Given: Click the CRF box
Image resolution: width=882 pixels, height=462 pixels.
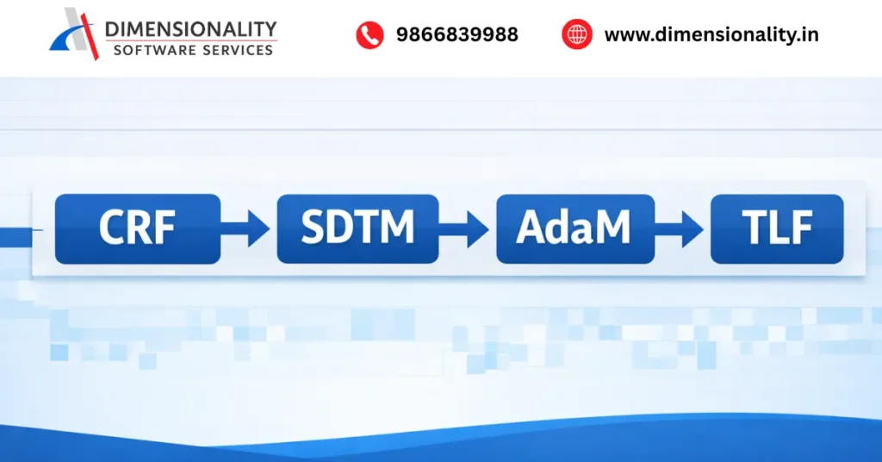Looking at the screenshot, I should pyautogui.click(x=138, y=228).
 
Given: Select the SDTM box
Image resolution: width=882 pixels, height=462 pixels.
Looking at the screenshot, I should pyautogui.click(x=357, y=228).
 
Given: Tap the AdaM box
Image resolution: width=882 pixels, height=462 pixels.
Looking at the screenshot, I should pyautogui.click(x=575, y=228).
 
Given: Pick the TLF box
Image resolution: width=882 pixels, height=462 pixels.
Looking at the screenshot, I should pyautogui.click(x=776, y=228).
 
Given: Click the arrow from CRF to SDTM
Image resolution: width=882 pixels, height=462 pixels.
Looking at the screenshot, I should pyautogui.click(x=248, y=228).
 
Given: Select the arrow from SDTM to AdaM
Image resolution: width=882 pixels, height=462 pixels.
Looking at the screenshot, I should pyautogui.click(x=467, y=228).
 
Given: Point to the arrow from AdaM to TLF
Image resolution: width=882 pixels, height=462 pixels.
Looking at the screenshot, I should pyautogui.click(x=682, y=228).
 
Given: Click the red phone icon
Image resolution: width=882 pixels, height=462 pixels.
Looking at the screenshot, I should pyautogui.click(x=370, y=35).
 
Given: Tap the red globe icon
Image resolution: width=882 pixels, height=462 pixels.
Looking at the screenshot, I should pyautogui.click(x=576, y=35).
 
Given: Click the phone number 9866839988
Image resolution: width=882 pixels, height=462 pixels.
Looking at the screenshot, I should pyautogui.click(x=457, y=35).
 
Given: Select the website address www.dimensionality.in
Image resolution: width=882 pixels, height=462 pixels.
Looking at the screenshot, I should pyautogui.click(x=711, y=35).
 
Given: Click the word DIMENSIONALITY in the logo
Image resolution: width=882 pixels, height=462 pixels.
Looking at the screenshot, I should pyautogui.click(x=190, y=29).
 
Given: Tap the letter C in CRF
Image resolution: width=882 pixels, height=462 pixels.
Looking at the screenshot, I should pyautogui.click(x=112, y=228).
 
